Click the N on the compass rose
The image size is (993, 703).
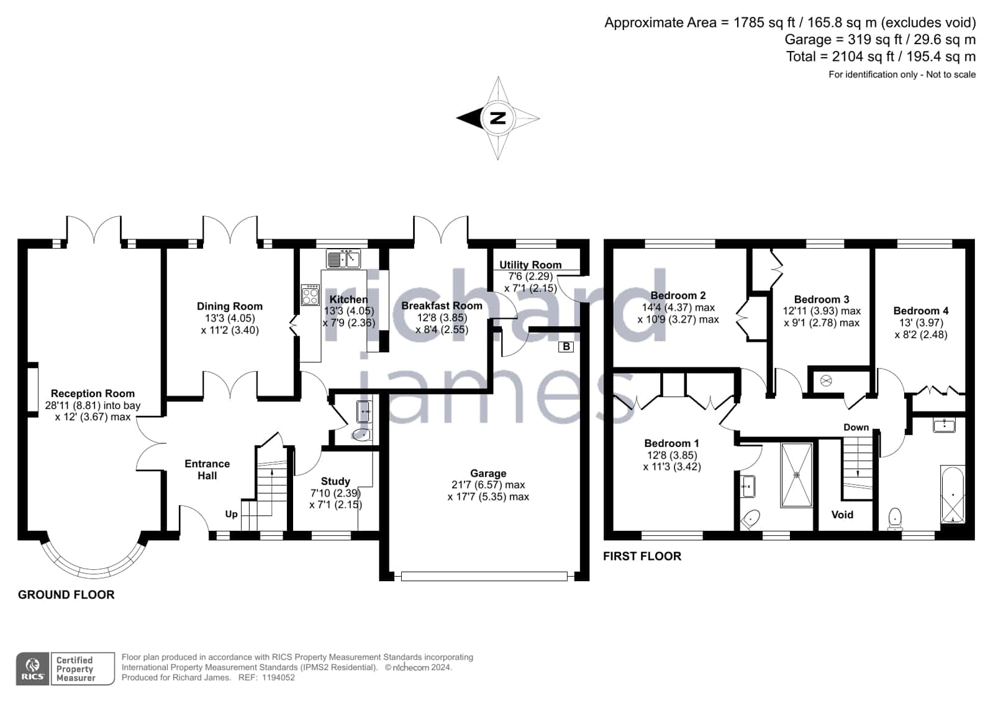(498, 119)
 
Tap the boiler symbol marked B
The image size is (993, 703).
(566, 347)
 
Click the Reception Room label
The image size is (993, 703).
(93, 393)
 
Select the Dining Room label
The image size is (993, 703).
(230, 306)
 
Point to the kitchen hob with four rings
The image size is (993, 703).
(311, 295)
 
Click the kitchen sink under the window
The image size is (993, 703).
(343, 259)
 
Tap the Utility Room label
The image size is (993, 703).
(530, 265)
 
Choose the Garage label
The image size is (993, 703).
(488, 474)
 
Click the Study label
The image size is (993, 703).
(335, 482)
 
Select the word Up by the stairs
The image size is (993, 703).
(232, 515)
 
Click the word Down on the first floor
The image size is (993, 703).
(856, 428)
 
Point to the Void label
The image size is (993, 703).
(842, 515)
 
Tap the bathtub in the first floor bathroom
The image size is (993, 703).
(953, 494)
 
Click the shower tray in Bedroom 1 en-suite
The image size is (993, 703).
(797, 475)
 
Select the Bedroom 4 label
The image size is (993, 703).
(921, 311)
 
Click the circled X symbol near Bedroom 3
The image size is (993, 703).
(826, 381)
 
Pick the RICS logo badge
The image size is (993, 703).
(33, 668)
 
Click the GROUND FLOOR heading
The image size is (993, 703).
(66, 595)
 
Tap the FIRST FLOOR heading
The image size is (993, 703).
(642, 556)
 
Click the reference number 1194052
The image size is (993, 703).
(278, 678)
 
